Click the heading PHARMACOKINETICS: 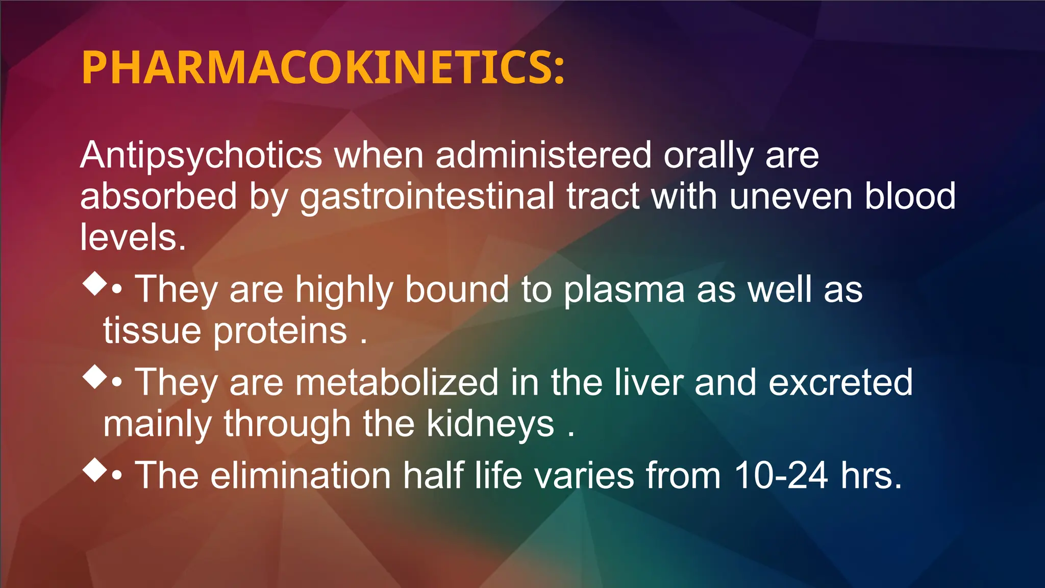tap(323, 68)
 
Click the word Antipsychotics tap(201, 156)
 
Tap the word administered tap(543, 156)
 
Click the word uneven tap(791, 197)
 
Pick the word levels tap(133, 238)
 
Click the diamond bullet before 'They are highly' tap(95, 283)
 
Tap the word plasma tap(624, 290)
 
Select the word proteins tap(280, 331)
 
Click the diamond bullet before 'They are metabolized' tap(95, 377)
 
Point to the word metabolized tap(397, 382)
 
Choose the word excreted tap(840, 382)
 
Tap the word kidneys tap(490, 424)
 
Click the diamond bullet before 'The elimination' tap(95, 470)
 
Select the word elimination tap(301, 476)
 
